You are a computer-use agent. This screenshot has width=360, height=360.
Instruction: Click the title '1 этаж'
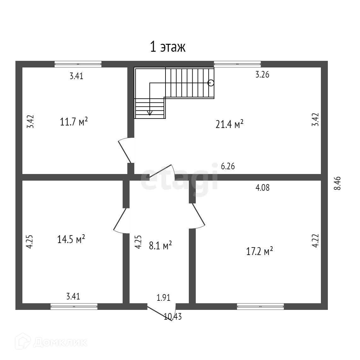[x=167, y=47]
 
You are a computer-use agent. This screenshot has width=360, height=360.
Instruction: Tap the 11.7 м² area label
[x=74, y=121]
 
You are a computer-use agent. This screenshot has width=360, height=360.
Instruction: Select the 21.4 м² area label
[x=229, y=124]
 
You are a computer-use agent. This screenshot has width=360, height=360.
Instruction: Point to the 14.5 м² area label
[x=71, y=240]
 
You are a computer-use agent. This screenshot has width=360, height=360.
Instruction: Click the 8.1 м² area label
[x=160, y=245]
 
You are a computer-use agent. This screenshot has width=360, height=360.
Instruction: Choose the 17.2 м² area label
[x=259, y=252]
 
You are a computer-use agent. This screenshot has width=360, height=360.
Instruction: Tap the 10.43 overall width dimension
[x=173, y=316]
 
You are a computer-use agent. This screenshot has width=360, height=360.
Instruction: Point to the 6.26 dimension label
[x=228, y=166]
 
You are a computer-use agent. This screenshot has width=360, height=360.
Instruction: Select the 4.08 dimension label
[x=262, y=188]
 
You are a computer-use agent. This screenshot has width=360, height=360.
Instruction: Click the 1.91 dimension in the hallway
[x=164, y=297]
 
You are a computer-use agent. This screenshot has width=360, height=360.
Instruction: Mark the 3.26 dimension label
[x=262, y=75]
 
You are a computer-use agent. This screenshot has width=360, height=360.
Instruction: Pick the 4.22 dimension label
[x=315, y=241]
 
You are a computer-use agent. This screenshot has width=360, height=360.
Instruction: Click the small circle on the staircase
[x=211, y=83]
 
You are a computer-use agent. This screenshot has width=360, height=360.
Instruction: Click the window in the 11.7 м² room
[x=78, y=64]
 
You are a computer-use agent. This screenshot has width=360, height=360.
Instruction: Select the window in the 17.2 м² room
[x=260, y=306]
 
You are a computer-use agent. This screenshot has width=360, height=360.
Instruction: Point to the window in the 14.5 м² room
[x=74, y=306]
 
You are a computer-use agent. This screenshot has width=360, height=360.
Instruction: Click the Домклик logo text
[x=60, y=342]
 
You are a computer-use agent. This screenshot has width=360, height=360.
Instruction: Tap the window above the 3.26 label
[x=237, y=64]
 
